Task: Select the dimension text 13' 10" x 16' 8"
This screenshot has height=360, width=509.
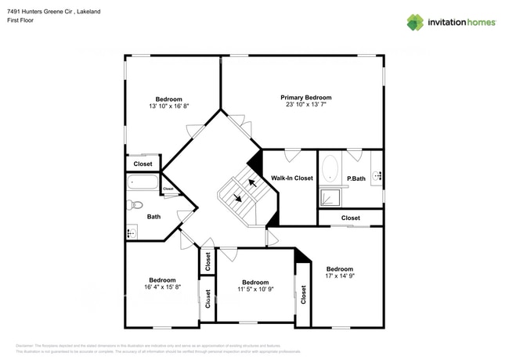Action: tap(168, 106)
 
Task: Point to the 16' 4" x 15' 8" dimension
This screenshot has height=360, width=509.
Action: tap(162, 287)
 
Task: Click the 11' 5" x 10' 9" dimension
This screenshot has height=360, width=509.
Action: tap(255, 289)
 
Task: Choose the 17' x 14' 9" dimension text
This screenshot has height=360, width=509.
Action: tap(340, 275)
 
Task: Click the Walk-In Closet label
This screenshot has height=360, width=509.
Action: tap(292, 178)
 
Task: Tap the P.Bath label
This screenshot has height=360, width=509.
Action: tap(356, 179)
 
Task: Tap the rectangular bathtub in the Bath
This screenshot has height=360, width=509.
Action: tap(143, 184)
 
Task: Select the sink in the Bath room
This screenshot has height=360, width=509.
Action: tap(131, 232)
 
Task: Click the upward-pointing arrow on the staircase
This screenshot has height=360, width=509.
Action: tap(251, 183)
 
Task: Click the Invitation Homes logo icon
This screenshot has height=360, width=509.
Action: tap(415, 22)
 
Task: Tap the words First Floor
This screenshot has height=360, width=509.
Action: tap(20, 20)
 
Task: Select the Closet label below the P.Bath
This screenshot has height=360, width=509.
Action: tap(351, 218)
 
